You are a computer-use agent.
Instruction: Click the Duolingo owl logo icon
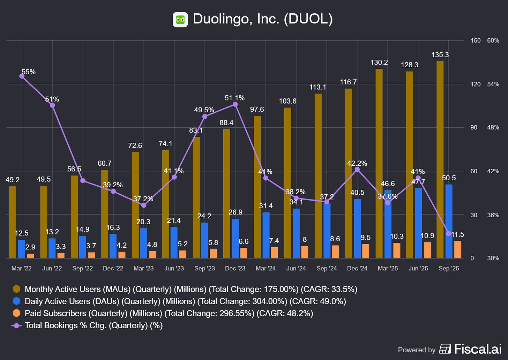point(180,20)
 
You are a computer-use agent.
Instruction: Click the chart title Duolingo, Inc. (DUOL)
point(262,19)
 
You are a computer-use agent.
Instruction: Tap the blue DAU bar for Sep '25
point(449,221)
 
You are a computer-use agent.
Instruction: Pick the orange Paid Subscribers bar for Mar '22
point(31,256)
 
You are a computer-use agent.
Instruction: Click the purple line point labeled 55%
point(22,76)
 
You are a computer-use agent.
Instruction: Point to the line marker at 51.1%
point(235,104)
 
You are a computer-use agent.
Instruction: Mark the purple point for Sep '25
point(449,234)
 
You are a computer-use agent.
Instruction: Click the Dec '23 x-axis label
point(235,268)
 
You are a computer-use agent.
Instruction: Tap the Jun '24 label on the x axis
point(296,268)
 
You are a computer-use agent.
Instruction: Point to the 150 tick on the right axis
point(475,40)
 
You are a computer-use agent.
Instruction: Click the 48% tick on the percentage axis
point(493,128)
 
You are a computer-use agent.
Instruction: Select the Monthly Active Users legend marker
point(16,289)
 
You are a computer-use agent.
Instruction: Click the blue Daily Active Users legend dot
point(16,301)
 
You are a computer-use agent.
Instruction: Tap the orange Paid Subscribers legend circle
point(16,313)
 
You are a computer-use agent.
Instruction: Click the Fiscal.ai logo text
point(478,349)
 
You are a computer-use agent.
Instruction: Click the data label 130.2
point(379,62)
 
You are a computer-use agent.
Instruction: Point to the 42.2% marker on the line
point(357,170)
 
